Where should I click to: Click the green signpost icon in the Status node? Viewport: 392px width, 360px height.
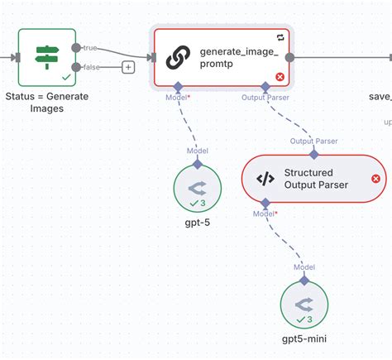pyautogui.click(x=45, y=56)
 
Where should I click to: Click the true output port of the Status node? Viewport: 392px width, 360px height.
pyautogui.click(x=77, y=48)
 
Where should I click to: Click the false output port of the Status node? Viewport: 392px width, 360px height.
pyautogui.click(x=77, y=67)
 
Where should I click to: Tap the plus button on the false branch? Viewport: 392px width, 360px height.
pyautogui.click(x=128, y=67)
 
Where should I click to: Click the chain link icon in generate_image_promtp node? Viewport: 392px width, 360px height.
pyautogui.click(x=178, y=57)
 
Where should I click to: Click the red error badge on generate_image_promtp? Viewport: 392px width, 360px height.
pyautogui.click(x=280, y=77)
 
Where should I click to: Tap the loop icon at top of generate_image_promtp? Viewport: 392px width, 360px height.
pyautogui.click(x=280, y=37)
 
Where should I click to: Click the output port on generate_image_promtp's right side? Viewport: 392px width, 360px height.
pyautogui.click(x=289, y=57)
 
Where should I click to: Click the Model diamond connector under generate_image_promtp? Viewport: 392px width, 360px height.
pyautogui.click(x=177, y=86)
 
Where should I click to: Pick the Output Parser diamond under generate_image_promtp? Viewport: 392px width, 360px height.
pyautogui.click(x=265, y=86)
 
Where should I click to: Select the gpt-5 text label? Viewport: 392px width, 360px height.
pyautogui.click(x=198, y=223)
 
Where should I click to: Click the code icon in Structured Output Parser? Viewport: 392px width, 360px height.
pyautogui.click(x=265, y=178)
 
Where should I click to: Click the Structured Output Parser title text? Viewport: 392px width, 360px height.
pyautogui.click(x=316, y=178)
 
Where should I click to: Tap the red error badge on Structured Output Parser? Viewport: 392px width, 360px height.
pyautogui.click(x=375, y=178)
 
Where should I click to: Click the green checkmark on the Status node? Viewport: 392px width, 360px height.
pyautogui.click(x=65, y=76)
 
